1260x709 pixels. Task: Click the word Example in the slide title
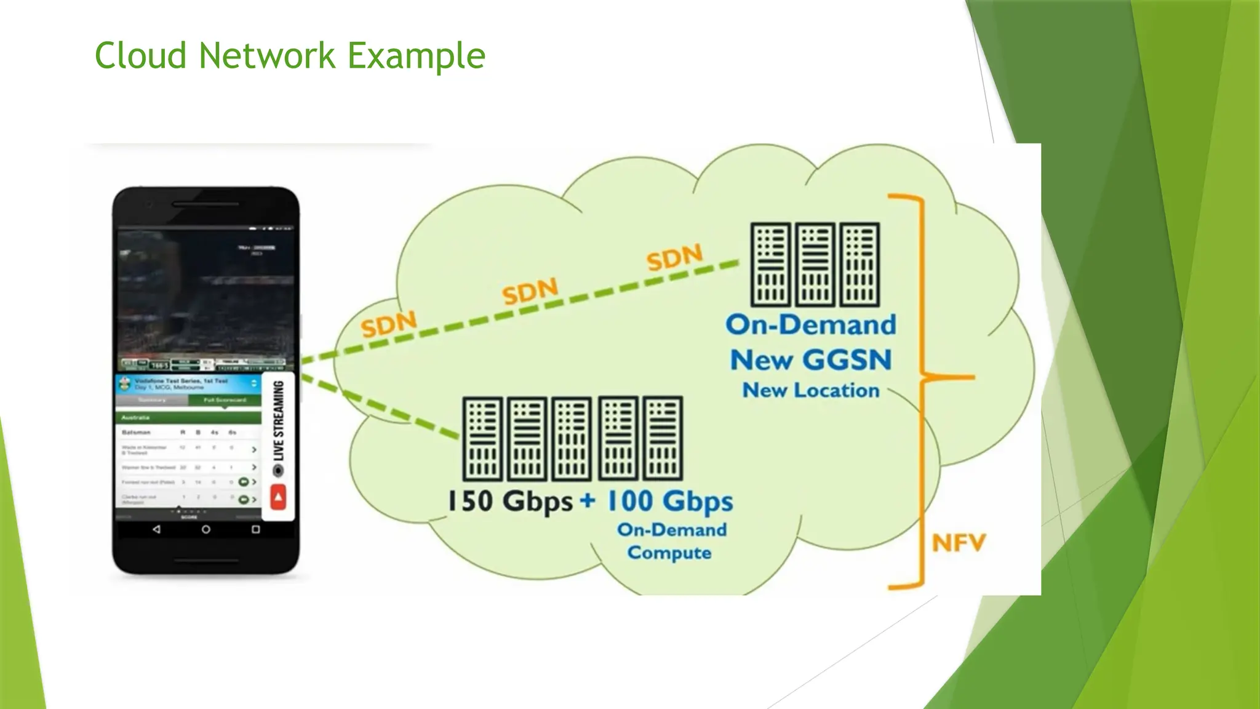(x=417, y=56)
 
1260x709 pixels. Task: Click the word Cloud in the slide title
(x=140, y=56)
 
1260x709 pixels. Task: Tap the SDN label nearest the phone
(x=389, y=324)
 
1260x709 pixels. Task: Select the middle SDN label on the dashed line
(x=530, y=291)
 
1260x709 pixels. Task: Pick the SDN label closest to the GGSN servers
(x=674, y=257)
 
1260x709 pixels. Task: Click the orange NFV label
(x=959, y=543)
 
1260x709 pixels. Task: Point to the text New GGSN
(x=810, y=360)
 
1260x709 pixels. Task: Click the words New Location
(x=810, y=390)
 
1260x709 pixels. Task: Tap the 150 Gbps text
(x=510, y=501)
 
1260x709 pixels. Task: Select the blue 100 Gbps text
(x=670, y=501)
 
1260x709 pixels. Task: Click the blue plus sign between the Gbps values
(x=588, y=500)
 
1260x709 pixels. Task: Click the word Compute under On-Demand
(x=669, y=553)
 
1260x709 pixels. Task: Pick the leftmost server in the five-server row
(x=483, y=438)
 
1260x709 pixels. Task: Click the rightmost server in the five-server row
(x=663, y=438)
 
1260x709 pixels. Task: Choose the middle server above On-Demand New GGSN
(x=815, y=265)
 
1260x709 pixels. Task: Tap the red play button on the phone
(x=278, y=497)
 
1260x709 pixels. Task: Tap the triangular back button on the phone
(x=156, y=529)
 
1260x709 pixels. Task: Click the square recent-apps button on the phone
(x=256, y=529)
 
